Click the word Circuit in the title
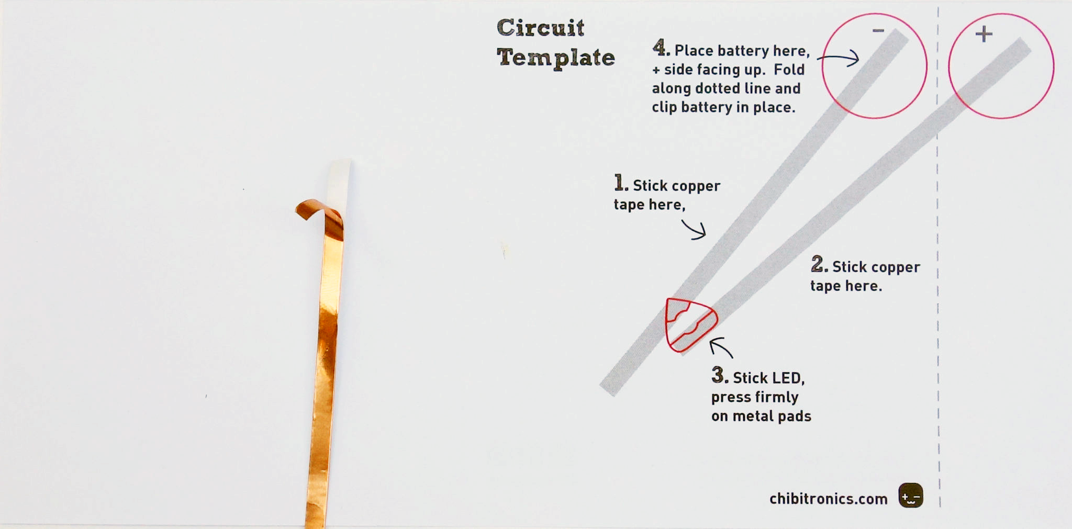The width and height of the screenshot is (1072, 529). pos(540,28)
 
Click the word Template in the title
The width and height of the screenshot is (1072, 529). pos(555,58)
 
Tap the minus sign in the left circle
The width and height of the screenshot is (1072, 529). pos(878,31)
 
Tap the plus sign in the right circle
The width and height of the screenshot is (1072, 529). pos(984,35)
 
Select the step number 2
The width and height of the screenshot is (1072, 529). pos(819,264)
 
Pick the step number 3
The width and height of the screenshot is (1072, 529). pos(719,375)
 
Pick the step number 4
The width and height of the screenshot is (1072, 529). pos(661,48)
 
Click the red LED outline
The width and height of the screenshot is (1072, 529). pos(689,324)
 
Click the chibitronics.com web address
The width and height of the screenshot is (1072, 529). pos(828,499)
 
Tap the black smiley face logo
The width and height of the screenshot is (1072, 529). pos(911,495)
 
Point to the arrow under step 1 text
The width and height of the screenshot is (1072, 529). pos(695,230)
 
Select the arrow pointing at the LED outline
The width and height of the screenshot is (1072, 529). pos(721,347)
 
